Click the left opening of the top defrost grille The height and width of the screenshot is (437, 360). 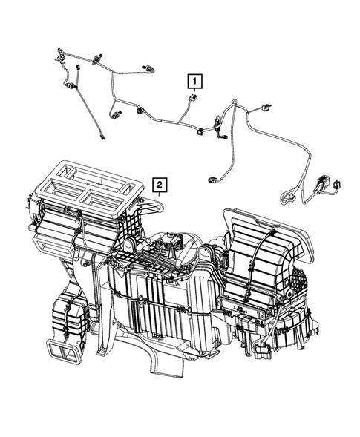[x=72, y=177]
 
